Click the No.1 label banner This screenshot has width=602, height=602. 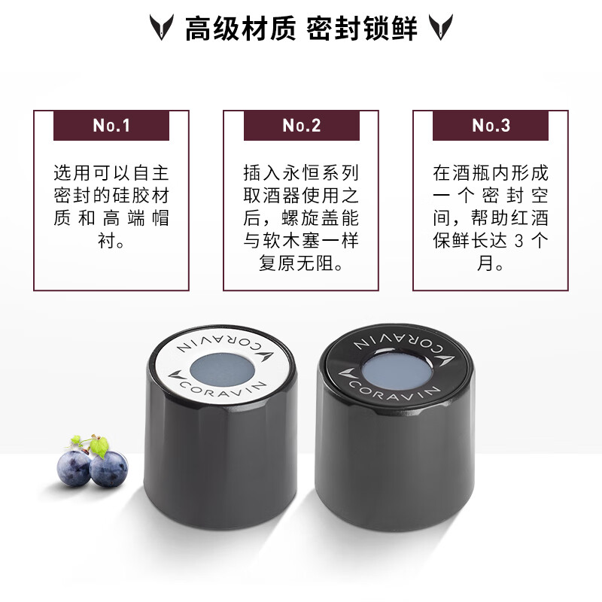click(111, 126)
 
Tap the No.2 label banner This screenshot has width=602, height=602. click(301, 126)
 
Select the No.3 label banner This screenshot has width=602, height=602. click(491, 126)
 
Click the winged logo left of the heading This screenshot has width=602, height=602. click(161, 29)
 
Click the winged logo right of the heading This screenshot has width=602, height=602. click(440, 29)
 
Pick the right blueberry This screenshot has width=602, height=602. click(108, 469)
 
